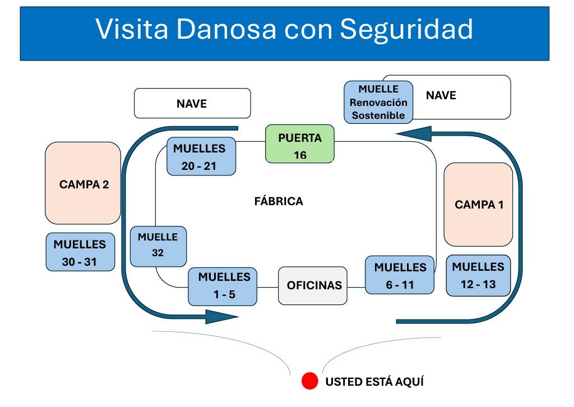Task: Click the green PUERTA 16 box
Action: (299, 144)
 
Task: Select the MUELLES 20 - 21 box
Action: (201, 156)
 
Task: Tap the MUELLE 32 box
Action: (158, 246)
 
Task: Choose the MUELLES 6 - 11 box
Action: (400, 275)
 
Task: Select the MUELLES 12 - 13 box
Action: (478, 275)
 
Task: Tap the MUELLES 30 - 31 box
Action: (80, 252)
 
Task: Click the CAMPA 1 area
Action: (478, 205)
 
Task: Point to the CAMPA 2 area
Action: (83, 184)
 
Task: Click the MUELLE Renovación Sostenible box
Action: (378, 102)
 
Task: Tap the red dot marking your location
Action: (310, 381)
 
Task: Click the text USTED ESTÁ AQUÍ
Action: (374, 382)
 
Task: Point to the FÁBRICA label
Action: (278, 201)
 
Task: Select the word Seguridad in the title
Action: (406, 29)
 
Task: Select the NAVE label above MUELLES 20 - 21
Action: (192, 104)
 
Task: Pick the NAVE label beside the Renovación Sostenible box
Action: (441, 95)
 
